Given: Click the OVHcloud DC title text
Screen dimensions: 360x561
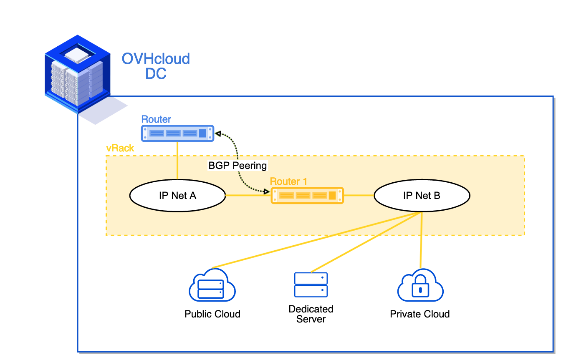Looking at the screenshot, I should pos(156,65).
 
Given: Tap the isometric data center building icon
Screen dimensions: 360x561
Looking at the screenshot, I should pos(78,75).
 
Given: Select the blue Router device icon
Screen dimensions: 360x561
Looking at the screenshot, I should pos(177,133).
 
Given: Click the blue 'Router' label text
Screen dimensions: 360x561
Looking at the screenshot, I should pos(156,119).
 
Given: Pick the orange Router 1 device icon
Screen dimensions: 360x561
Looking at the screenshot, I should pos(307,195).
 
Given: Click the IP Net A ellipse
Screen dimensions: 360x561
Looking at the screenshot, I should pos(177,196).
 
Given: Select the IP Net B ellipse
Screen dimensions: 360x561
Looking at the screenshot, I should pos(422,196).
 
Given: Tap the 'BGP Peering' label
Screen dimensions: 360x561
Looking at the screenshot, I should pos(238,166).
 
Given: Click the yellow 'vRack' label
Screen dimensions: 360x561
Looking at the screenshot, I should pos(120,149).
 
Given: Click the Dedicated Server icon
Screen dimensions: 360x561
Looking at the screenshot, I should pos(311,284).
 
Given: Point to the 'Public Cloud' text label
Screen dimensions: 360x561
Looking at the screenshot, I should pos(212,314).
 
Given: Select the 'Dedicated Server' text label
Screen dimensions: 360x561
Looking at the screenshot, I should pos(311,314).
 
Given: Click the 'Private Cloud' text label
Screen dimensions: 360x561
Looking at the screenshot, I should pos(419,314).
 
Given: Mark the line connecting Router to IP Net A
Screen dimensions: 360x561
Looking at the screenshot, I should pos(178,161).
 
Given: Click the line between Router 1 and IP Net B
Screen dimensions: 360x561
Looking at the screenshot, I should pos(359,195).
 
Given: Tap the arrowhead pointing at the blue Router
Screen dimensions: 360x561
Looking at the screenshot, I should pos(217,134).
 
